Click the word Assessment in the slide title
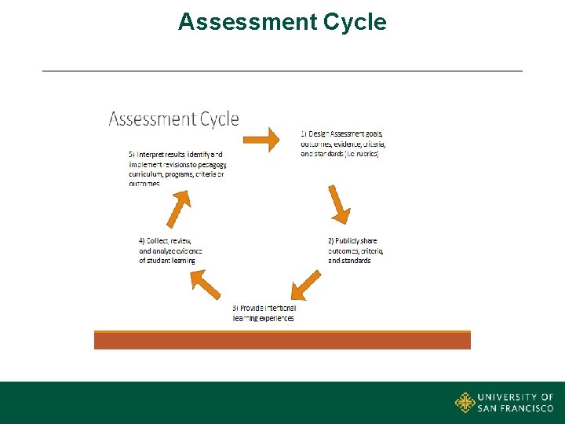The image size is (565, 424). point(247,22)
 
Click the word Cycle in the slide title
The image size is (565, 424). point(354,22)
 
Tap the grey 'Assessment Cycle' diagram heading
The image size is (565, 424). point(173,119)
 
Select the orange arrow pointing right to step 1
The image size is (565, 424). point(261,140)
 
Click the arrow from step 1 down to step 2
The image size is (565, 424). point(339,204)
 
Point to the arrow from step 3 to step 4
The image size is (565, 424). point(206,284)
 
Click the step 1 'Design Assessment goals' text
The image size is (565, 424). point(342,144)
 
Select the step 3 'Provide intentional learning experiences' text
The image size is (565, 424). point(264,313)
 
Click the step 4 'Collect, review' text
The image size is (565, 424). point(170,250)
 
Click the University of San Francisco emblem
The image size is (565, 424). point(465,403)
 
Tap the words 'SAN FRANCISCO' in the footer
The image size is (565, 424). point(516,408)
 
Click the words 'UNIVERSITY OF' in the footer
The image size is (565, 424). point(516,397)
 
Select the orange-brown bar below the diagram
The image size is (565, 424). point(282,339)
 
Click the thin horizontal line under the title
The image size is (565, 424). point(282,71)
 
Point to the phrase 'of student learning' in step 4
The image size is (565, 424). point(167,261)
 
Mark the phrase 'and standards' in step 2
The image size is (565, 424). point(349,261)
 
